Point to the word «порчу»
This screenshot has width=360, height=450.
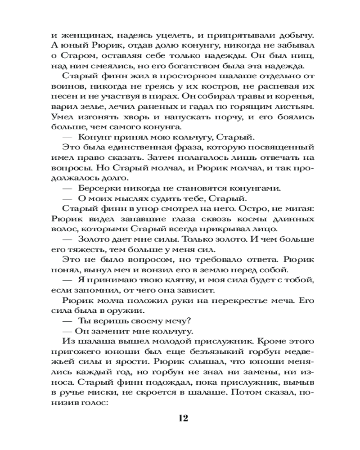pos(215,119)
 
